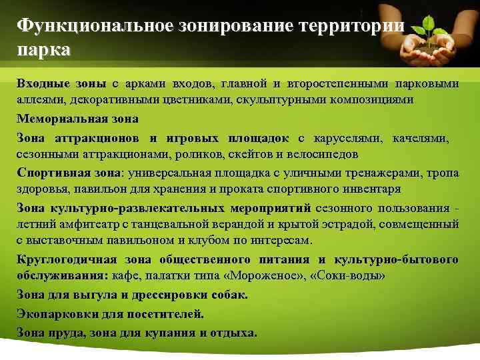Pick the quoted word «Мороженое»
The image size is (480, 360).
pos(273,275)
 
